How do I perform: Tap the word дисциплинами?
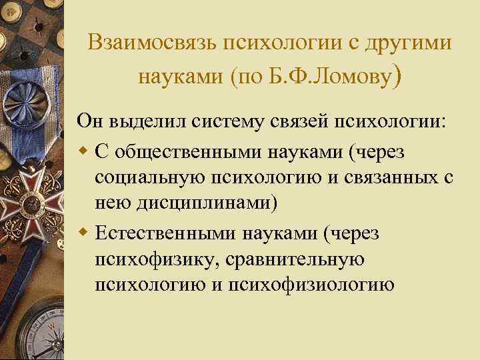200,204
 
